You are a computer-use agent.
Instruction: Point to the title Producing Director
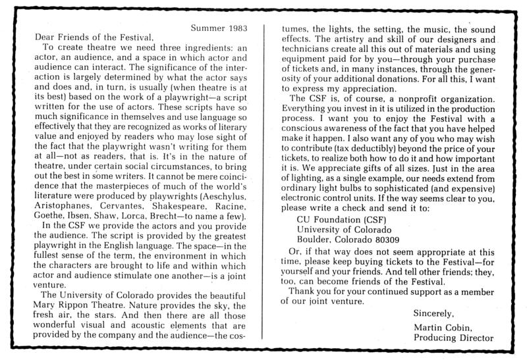click(x=453, y=339)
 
